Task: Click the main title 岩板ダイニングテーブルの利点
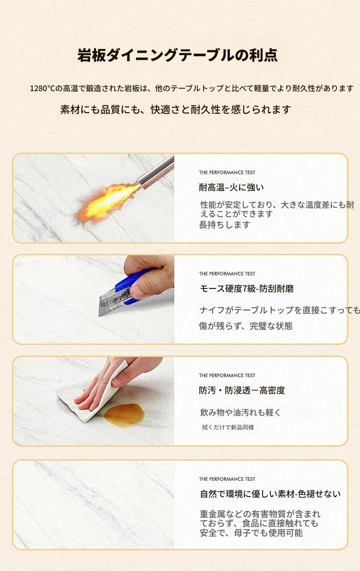pyautogui.click(x=178, y=55)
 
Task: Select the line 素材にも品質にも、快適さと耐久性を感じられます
pyautogui.click(x=175, y=109)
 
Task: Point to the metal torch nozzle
pyautogui.click(x=156, y=173)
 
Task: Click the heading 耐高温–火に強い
pyautogui.click(x=231, y=188)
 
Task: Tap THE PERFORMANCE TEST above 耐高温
pyautogui.click(x=227, y=172)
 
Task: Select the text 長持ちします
pyautogui.click(x=225, y=225)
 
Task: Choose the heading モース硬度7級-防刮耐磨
pyautogui.click(x=247, y=289)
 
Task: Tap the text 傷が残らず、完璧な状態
pyautogui.click(x=246, y=326)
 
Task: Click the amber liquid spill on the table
pyautogui.click(x=124, y=415)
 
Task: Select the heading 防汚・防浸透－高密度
pyautogui.click(x=242, y=391)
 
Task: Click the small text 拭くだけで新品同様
pyautogui.click(x=228, y=427)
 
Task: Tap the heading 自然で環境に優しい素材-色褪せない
pyautogui.click(x=270, y=494)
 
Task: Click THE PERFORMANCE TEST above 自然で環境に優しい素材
pyautogui.click(x=227, y=479)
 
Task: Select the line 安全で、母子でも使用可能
pyautogui.click(x=251, y=533)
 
